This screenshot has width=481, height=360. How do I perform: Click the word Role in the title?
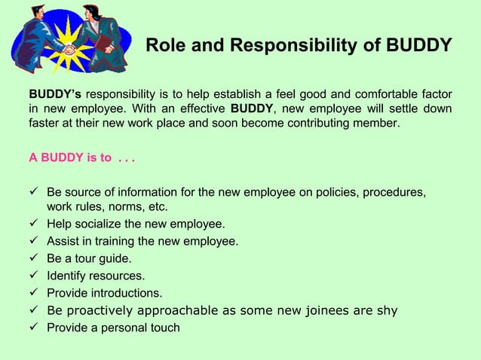tap(163, 47)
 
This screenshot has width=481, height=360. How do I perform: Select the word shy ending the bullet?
tap(387, 310)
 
